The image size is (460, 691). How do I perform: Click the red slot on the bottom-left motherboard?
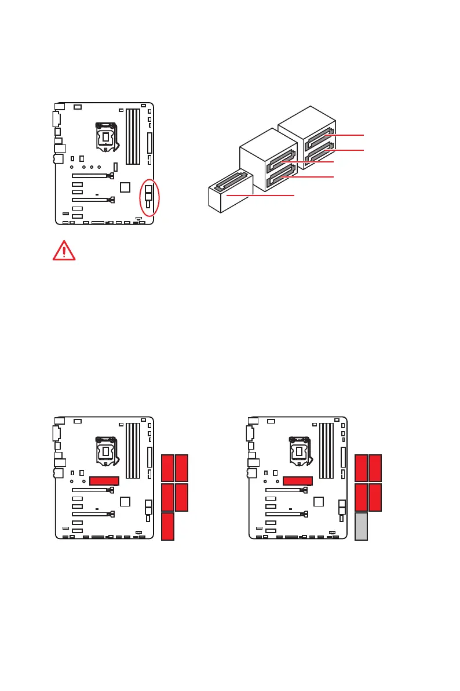point(104,480)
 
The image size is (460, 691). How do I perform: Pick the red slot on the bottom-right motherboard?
point(298,480)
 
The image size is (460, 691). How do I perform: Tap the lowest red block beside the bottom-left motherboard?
point(167,527)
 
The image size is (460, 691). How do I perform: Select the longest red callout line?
point(261,196)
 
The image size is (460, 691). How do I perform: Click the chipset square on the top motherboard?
point(125,187)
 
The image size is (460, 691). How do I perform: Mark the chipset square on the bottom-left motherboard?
point(125,501)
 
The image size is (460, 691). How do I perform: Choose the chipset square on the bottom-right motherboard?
point(318,501)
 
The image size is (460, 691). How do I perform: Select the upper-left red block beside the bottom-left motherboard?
point(167,468)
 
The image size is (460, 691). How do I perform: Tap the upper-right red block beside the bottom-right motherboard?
point(375,468)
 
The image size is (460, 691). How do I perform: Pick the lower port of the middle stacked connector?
point(280,177)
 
